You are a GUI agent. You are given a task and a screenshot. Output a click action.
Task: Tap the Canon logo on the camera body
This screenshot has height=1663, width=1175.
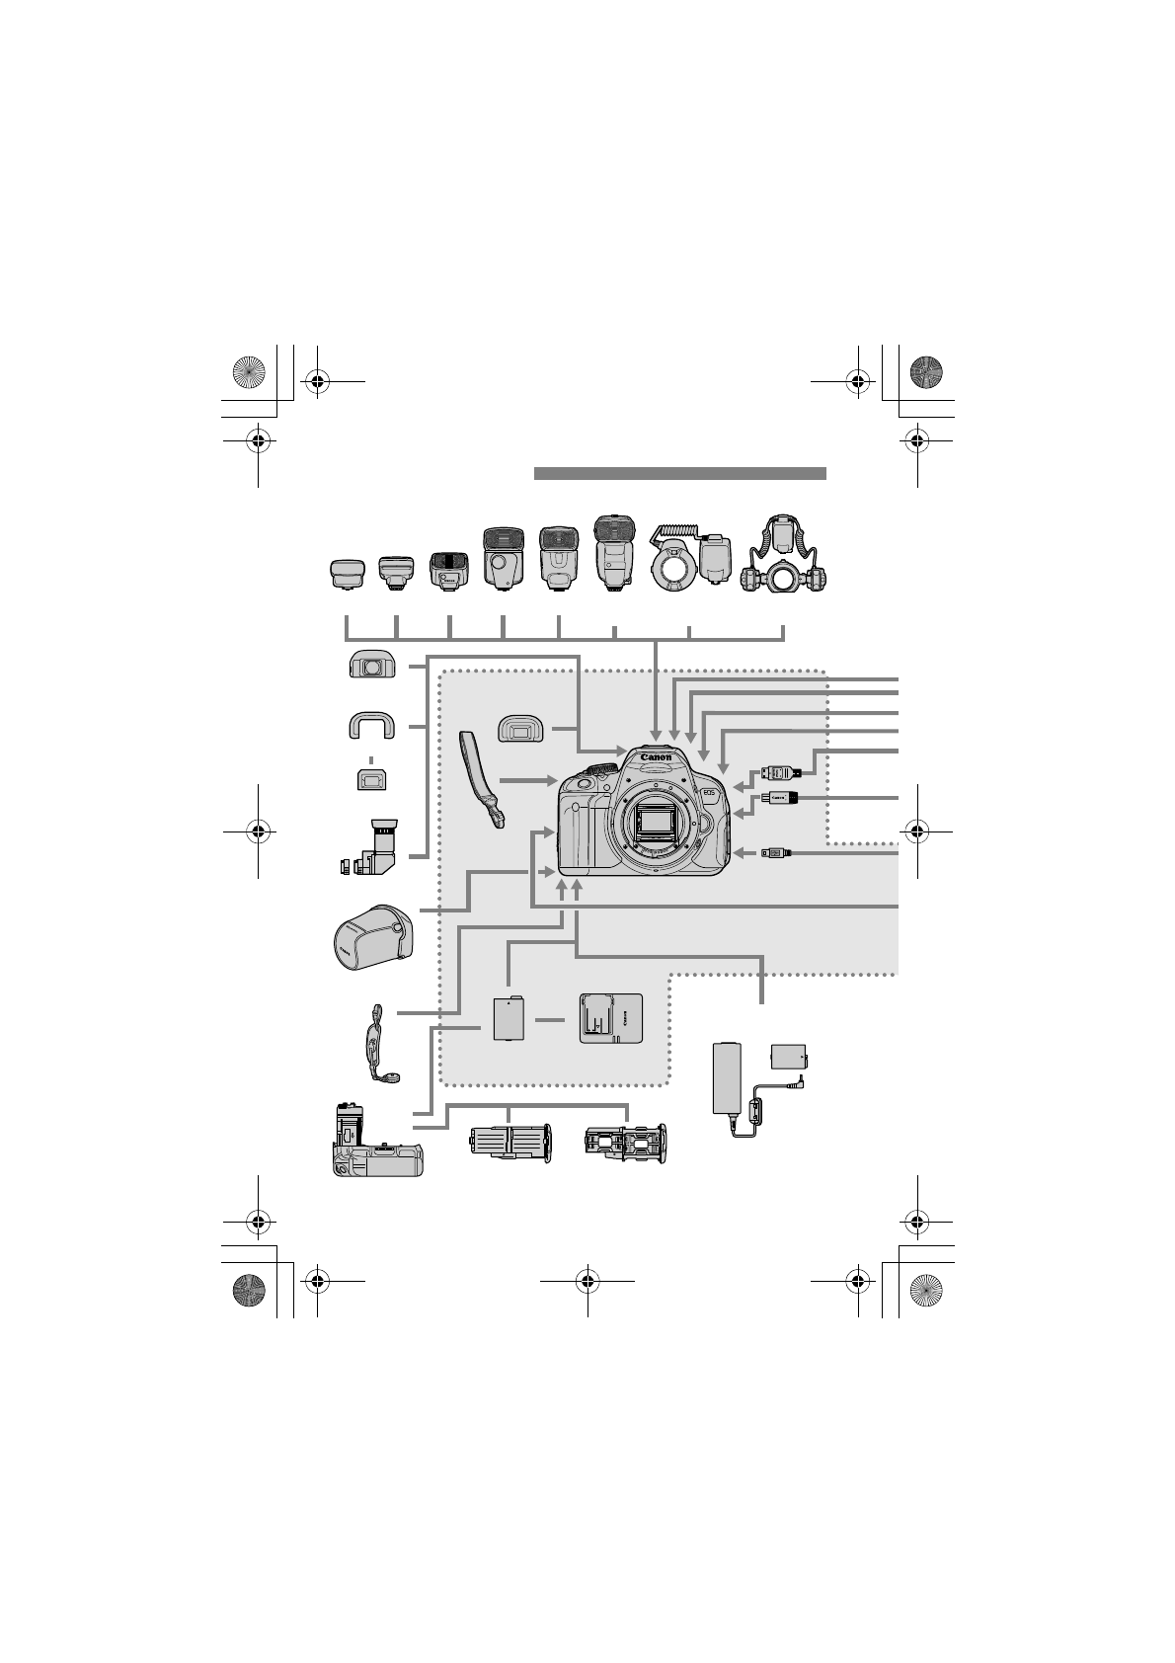[657, 758]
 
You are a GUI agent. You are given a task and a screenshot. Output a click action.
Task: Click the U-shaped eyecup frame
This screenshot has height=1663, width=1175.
[370, 727]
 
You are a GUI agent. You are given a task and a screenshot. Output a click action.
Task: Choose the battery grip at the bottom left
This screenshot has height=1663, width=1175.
[375, 1141]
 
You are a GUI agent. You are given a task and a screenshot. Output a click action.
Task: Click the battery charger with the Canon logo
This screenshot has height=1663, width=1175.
[609, 1017]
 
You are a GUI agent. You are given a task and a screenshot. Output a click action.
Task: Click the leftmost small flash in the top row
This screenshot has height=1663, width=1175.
[346, 575]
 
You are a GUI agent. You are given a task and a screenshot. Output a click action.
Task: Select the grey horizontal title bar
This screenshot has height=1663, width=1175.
[679, 473]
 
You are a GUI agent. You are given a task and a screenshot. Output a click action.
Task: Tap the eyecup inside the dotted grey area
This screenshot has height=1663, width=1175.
[523, 729]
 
